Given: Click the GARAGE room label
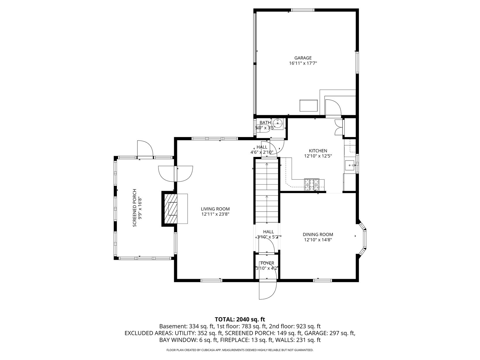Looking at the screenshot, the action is click(x=303, y=58).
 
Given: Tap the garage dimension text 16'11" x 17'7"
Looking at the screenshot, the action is click(x=303, y=63).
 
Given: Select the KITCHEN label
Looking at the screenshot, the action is click(x=318, y=151).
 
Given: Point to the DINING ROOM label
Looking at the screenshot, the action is click(x=318, y=235).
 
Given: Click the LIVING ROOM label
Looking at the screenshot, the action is click(x=215, y=209).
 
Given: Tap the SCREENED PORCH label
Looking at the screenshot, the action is click(x=135, y=208).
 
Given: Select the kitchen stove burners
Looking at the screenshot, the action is click(x=312, y=185).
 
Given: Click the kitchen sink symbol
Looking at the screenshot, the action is click(x=350, y=165).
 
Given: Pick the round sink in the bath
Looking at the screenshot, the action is click(x=278, y=123).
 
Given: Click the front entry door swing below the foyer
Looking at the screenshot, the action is click(x=268, y=291).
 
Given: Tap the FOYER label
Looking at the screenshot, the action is click(x=267, y=263).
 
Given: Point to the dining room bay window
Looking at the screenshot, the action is click(x=363, y=239).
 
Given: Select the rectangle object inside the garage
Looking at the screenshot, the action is click(x=308, y=105).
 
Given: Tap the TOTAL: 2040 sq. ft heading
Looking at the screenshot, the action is click(x=240, y=319).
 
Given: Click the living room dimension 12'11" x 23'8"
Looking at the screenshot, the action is click(x=215, y=214).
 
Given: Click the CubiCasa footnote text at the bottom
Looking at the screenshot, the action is click(x=240, y=350).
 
